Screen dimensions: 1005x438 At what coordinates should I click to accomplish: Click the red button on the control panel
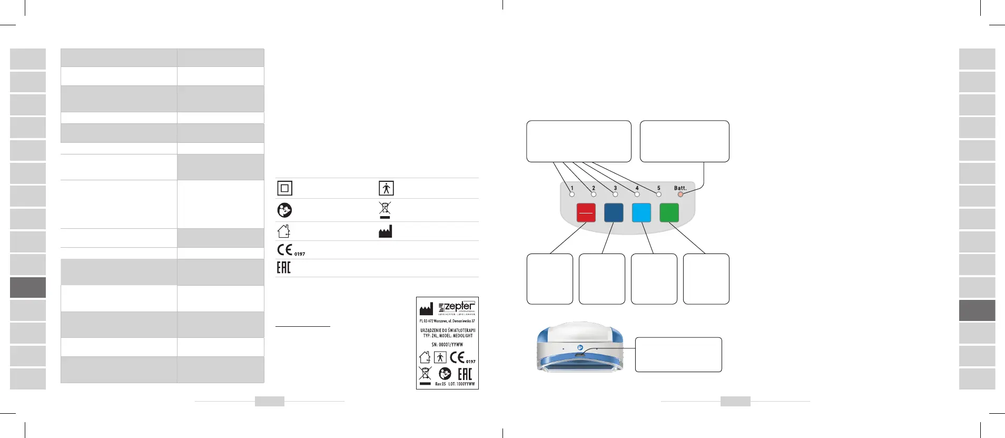pyautogui.click(x=586, y=212)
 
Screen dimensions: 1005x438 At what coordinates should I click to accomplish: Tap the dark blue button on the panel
pyautogui.click(x=614, y=212)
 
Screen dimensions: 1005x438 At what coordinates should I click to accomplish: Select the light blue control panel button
pyautogui.click(x=641, y=212)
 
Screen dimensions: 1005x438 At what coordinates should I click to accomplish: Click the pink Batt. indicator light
pyautogui.click(x=680, y=194)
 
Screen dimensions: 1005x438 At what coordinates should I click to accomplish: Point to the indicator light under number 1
pyautogui.click(x=572, y=194)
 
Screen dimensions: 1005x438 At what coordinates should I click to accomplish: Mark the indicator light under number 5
pyautogui.click(x=658, y=194)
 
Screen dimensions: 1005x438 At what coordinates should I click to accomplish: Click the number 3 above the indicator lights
pyautogui.click(x=615, y=188)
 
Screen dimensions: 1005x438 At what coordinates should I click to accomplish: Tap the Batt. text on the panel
pyautogui.click(x=680, y=188)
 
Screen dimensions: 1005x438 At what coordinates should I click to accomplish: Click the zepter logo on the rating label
pyautogui.click(x=457, y=307)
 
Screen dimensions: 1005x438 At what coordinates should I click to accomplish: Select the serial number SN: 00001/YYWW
pyautogui.click(x=447, y=345)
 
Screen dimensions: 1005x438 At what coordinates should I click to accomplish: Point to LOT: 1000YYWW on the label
pyautogui.click(x=461, y=384)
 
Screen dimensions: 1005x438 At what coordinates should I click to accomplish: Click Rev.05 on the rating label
pyautogui.click(x=440, y=384)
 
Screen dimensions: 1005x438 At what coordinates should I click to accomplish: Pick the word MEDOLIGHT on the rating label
pyautogui.click(x=463, y=336)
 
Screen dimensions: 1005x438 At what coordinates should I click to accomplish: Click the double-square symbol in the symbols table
pyautogui.click(x=284, y=188)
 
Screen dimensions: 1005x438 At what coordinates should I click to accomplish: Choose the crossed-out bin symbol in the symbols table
pyautogui.click(x=385, y=209)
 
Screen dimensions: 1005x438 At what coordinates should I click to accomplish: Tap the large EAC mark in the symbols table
pyautogui.click(x=283, y=268)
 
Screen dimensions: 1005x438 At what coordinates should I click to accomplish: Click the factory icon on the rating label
pyautogui.click(x=426, y=309)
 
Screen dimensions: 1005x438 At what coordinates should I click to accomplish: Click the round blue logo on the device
pyautogui.click(x=579, y=348)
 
